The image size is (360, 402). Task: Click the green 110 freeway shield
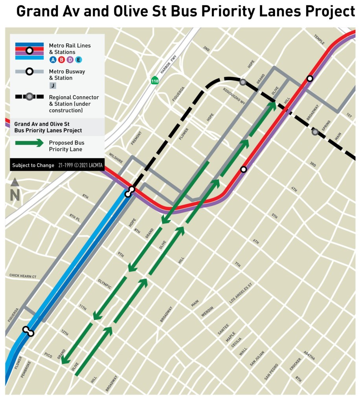tap(155, 80)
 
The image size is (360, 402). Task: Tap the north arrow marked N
tap(15, 191)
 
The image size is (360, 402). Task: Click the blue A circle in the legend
tap(52, 60)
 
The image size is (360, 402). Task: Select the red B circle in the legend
tap(61, 60)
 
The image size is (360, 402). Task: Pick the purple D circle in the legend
tap(70, 60)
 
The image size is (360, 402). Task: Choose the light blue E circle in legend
tap(78, 60)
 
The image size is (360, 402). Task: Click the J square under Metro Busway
tap(52, 86)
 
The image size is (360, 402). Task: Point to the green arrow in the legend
tap(29, 143)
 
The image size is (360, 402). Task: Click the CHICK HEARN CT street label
tap(23, 276)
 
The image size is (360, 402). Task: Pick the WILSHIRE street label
tap(116, 157)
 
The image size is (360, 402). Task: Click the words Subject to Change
tap(33, 165)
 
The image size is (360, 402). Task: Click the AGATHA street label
tap(309, 355)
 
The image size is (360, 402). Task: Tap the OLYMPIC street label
tap(105, 284)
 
